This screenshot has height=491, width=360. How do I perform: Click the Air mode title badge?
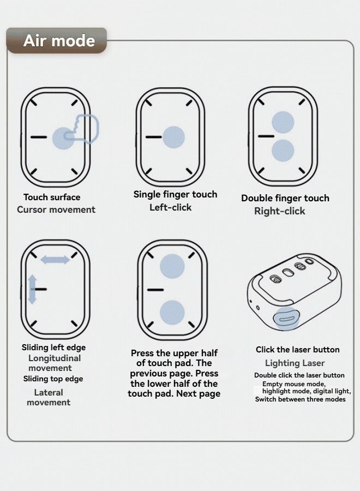point(57,41)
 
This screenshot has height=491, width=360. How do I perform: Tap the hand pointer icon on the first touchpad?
point(82,129)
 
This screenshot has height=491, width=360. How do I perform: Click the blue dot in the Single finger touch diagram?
point(174,137)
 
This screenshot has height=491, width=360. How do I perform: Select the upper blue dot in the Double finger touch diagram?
point(283,122)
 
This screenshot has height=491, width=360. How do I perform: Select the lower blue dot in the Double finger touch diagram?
point(283,151)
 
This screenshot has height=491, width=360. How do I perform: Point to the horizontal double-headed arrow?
point(55,260)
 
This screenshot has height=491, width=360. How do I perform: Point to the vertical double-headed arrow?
point(32,289)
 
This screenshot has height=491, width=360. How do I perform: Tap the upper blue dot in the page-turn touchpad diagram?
point(172,266)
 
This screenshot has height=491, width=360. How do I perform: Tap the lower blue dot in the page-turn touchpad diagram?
point(172,313)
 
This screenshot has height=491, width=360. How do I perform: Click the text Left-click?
point(170,207)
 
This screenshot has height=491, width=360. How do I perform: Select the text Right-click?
point(280,211)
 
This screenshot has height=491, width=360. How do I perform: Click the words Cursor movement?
point(56,209)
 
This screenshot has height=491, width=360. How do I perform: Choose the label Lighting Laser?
point(295,363)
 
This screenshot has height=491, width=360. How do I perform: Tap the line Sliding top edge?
point(53,379)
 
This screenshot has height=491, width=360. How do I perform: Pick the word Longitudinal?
point(55,358)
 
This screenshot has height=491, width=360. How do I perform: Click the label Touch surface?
point(52,197)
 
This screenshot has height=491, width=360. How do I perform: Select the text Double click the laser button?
point(299,375)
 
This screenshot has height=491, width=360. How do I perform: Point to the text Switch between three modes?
point(300,399)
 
